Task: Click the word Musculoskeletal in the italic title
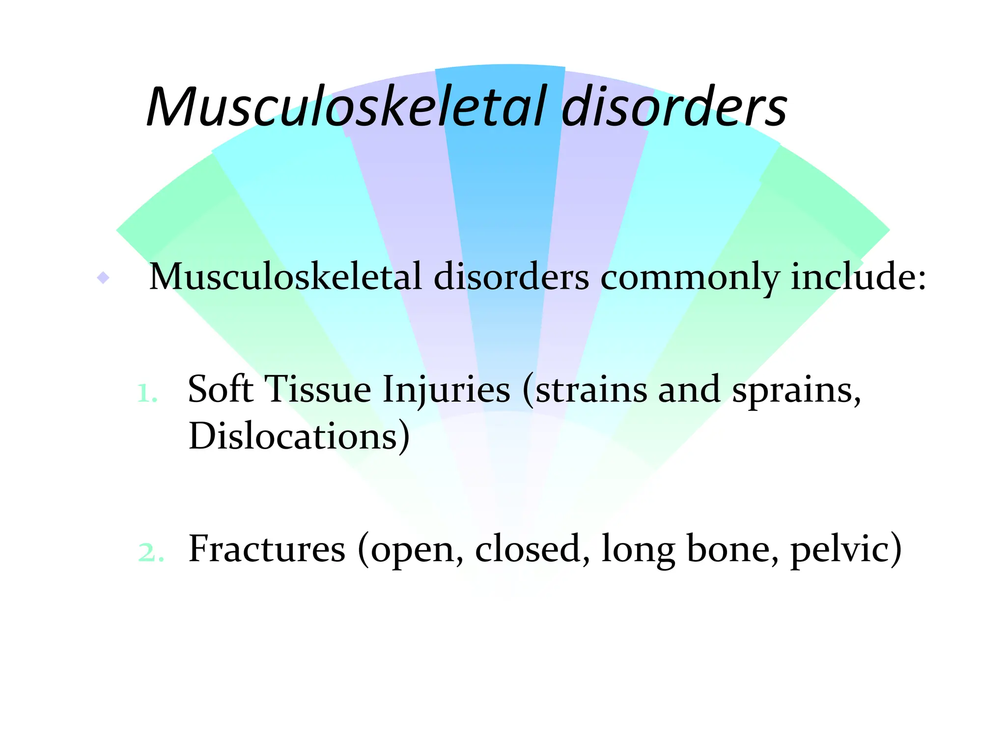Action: click(346, 107)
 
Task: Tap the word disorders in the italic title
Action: click(674, 107)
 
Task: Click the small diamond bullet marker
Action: click(103, 278)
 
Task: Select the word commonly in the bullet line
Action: click(690, 278)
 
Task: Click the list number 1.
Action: click(147, 393)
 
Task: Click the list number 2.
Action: click(150, 553)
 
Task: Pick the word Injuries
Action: click(446, 391)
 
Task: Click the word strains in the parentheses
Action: click(589, 391)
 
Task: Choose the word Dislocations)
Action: click(299, 436)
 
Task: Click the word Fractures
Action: click(267, 549)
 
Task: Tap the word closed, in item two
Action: click(532, 549)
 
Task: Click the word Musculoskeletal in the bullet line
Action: click(285, 277)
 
